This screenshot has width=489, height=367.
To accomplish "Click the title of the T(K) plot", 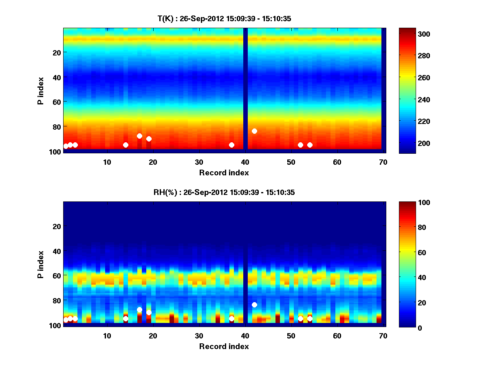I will (224, 19).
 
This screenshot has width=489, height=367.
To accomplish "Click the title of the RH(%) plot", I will (222, 192).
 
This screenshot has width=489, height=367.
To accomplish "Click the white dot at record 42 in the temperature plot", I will (254, 131).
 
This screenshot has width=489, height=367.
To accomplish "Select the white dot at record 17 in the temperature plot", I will (139, 136).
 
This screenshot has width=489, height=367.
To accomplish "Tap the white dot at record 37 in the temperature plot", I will (231, 145).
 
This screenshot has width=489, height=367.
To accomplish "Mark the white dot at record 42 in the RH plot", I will (254, 305).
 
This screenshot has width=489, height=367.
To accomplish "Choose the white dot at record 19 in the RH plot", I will (149, 312).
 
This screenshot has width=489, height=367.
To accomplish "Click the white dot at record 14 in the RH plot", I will (126, 318).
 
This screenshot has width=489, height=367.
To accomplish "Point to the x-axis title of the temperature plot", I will (224, 172).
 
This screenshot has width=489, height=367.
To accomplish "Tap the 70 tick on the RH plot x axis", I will (383, 336).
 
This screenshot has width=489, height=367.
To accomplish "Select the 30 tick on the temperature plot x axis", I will (199, 162).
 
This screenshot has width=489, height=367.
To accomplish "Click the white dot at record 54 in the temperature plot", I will (310, 145).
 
